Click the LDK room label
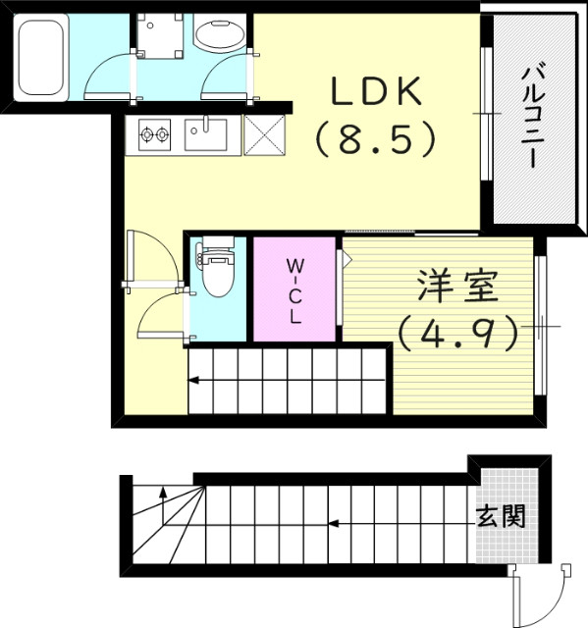pyautogui.click(x=375, y=94)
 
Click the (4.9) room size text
pyautogui.click(x=457, y=334)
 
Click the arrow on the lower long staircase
pyautogui.click(x=334, y=523)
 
